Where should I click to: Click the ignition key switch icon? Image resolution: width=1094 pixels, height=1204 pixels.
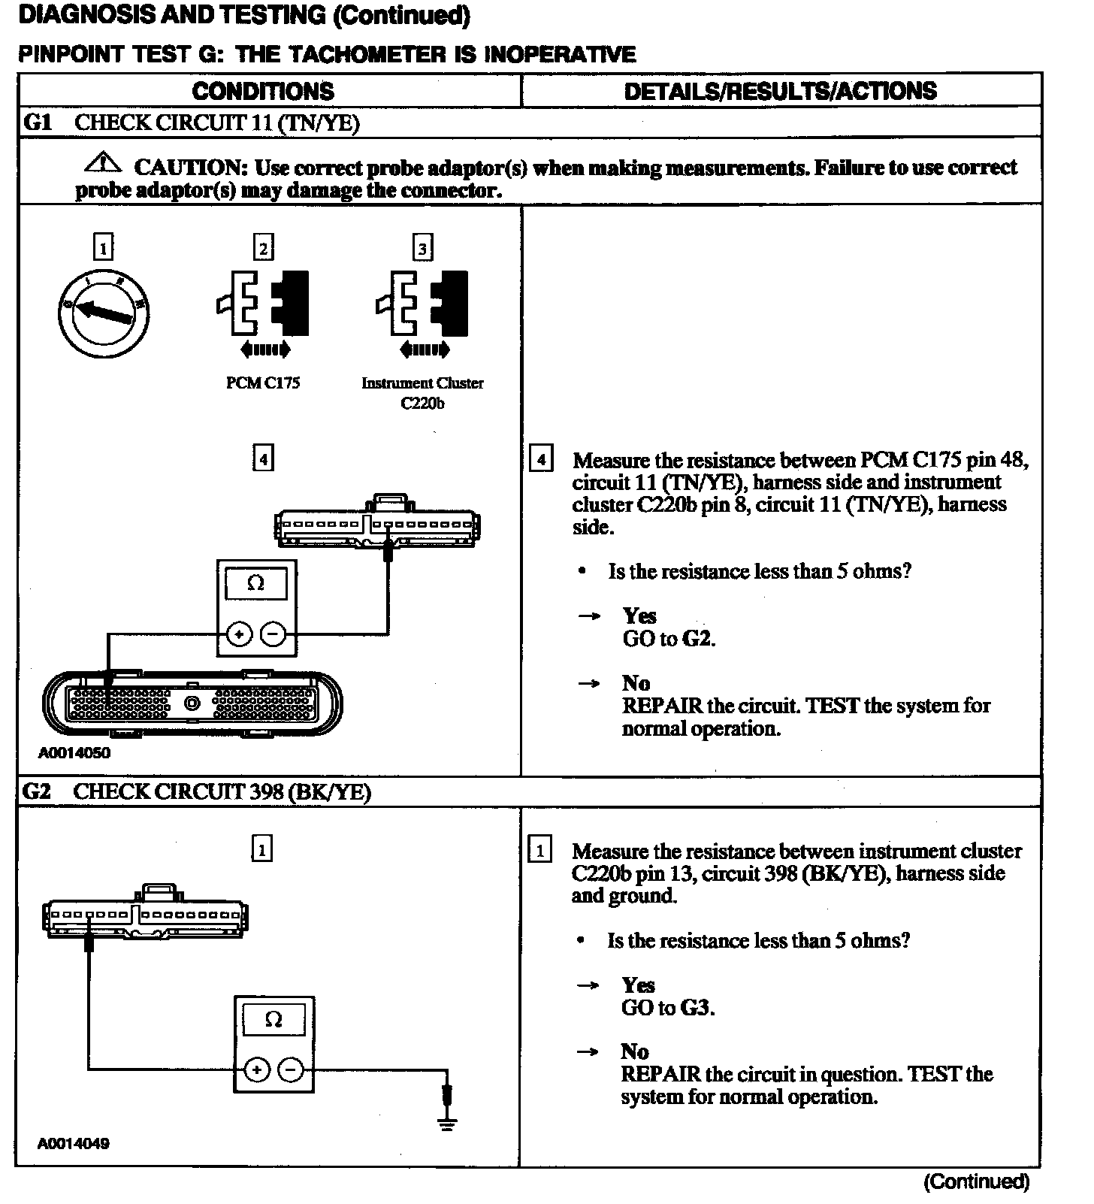coord(104,311)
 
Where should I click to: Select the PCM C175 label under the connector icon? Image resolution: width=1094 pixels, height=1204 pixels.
coord(263,383)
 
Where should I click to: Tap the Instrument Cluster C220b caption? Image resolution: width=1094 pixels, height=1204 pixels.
coord(422,392)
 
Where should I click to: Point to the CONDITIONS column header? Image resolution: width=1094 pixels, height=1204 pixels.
coord(263,91)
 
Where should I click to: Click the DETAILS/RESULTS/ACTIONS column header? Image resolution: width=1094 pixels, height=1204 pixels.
coord(780,91)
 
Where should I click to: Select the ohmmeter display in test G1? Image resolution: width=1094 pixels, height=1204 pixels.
coord(255,584)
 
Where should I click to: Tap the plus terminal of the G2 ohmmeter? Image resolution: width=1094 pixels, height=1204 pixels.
coord(257,1070)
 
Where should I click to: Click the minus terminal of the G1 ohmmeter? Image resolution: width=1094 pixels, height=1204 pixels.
coord(273,636)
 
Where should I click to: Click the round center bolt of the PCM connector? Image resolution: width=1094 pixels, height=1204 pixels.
coord(192,703)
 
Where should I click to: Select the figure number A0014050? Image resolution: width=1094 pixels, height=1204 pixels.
coord(74,753)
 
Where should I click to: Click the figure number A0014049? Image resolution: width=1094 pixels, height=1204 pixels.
coord(74,1144)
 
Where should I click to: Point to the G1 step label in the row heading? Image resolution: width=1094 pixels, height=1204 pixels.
coord(38,122)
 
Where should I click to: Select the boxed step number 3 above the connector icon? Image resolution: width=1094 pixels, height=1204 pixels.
coord(423,247)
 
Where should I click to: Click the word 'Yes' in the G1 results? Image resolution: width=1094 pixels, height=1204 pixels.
coord(639,616)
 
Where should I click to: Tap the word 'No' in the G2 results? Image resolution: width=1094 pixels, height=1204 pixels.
coord(635,1051)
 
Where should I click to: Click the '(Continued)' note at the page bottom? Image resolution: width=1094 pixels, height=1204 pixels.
coord(976,1181)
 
